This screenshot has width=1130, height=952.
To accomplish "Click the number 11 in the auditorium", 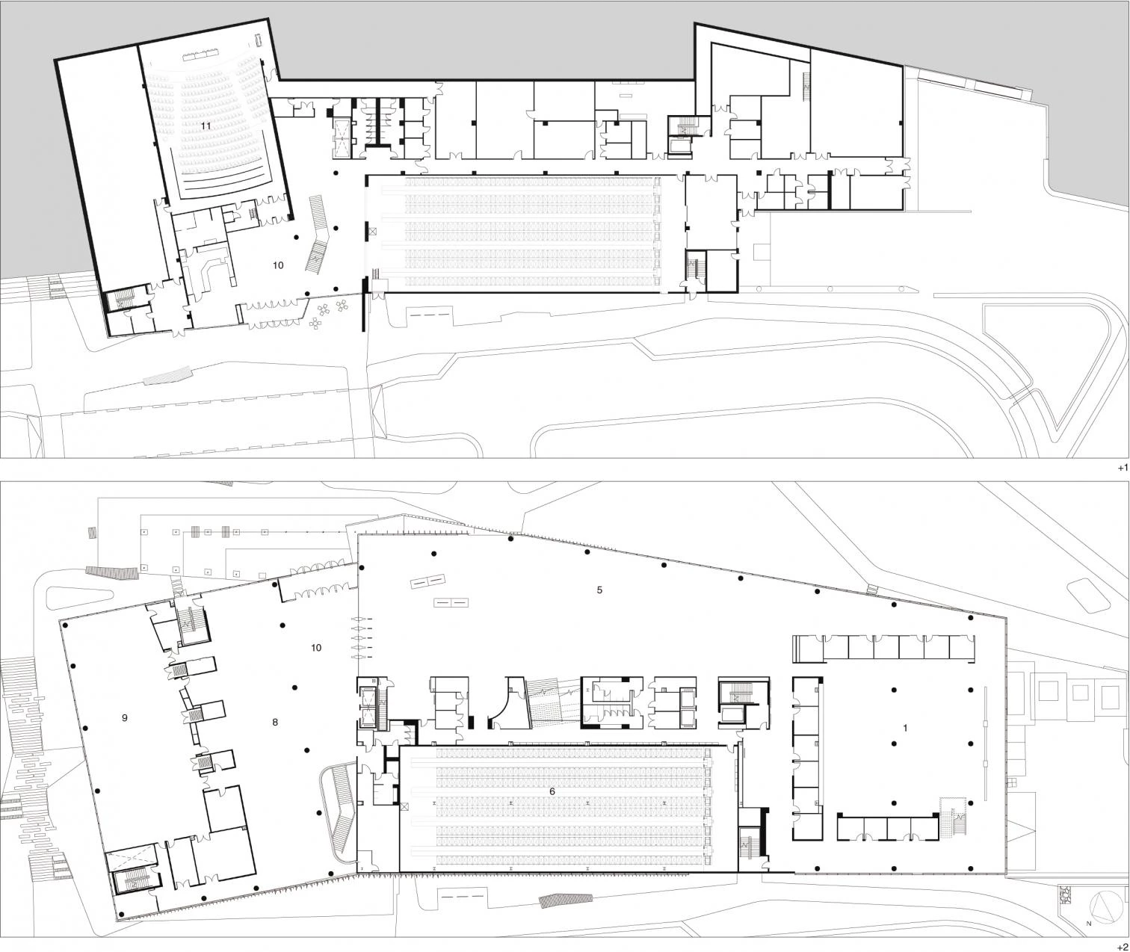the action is pos(205,126).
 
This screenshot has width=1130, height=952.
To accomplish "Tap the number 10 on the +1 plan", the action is pos(278,265).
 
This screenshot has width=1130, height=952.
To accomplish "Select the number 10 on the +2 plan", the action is pos(316,647).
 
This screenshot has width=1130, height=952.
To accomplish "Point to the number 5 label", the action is pos(599,590).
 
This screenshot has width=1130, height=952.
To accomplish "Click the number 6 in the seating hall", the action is pos(552,791).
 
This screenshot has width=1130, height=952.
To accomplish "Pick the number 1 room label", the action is pos(906,729).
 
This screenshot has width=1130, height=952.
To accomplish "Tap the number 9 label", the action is pos(125,717).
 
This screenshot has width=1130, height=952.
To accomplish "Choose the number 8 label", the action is pos(275,722).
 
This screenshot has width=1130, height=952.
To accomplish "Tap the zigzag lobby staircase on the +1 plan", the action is pos(319,235).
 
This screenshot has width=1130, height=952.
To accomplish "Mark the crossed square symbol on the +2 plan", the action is pos(405,806).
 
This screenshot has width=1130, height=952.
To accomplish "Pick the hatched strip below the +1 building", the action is pos(167,375).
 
